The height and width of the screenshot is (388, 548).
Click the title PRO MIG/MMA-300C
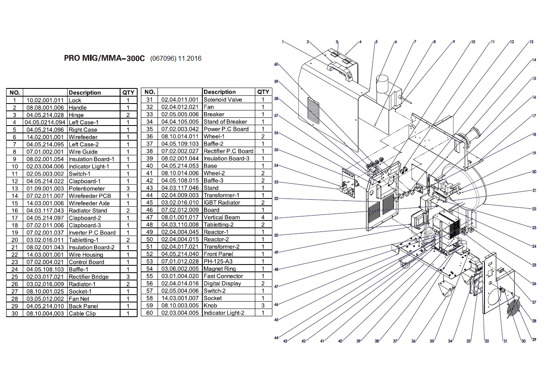(104, 58)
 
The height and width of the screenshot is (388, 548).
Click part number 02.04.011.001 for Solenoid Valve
(180, 100)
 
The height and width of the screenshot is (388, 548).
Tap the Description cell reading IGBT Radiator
(222, 203)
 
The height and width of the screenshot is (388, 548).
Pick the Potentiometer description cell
(87, 189)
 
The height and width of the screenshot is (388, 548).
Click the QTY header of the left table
(128, 93)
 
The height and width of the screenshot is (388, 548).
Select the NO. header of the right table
(149, 92)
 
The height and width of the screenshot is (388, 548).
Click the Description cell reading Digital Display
(222, 284)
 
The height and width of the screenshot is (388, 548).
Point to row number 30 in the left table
(15, 313)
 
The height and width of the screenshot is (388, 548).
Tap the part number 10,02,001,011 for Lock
(45, 100)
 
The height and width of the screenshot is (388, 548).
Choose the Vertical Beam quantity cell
(263, 217)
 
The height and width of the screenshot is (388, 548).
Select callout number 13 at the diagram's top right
(531, 42)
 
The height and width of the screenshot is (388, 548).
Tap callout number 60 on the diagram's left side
(276, 64)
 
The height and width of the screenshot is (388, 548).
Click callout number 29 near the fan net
(534, 339)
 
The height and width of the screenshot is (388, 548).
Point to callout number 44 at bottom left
(276, 338)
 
